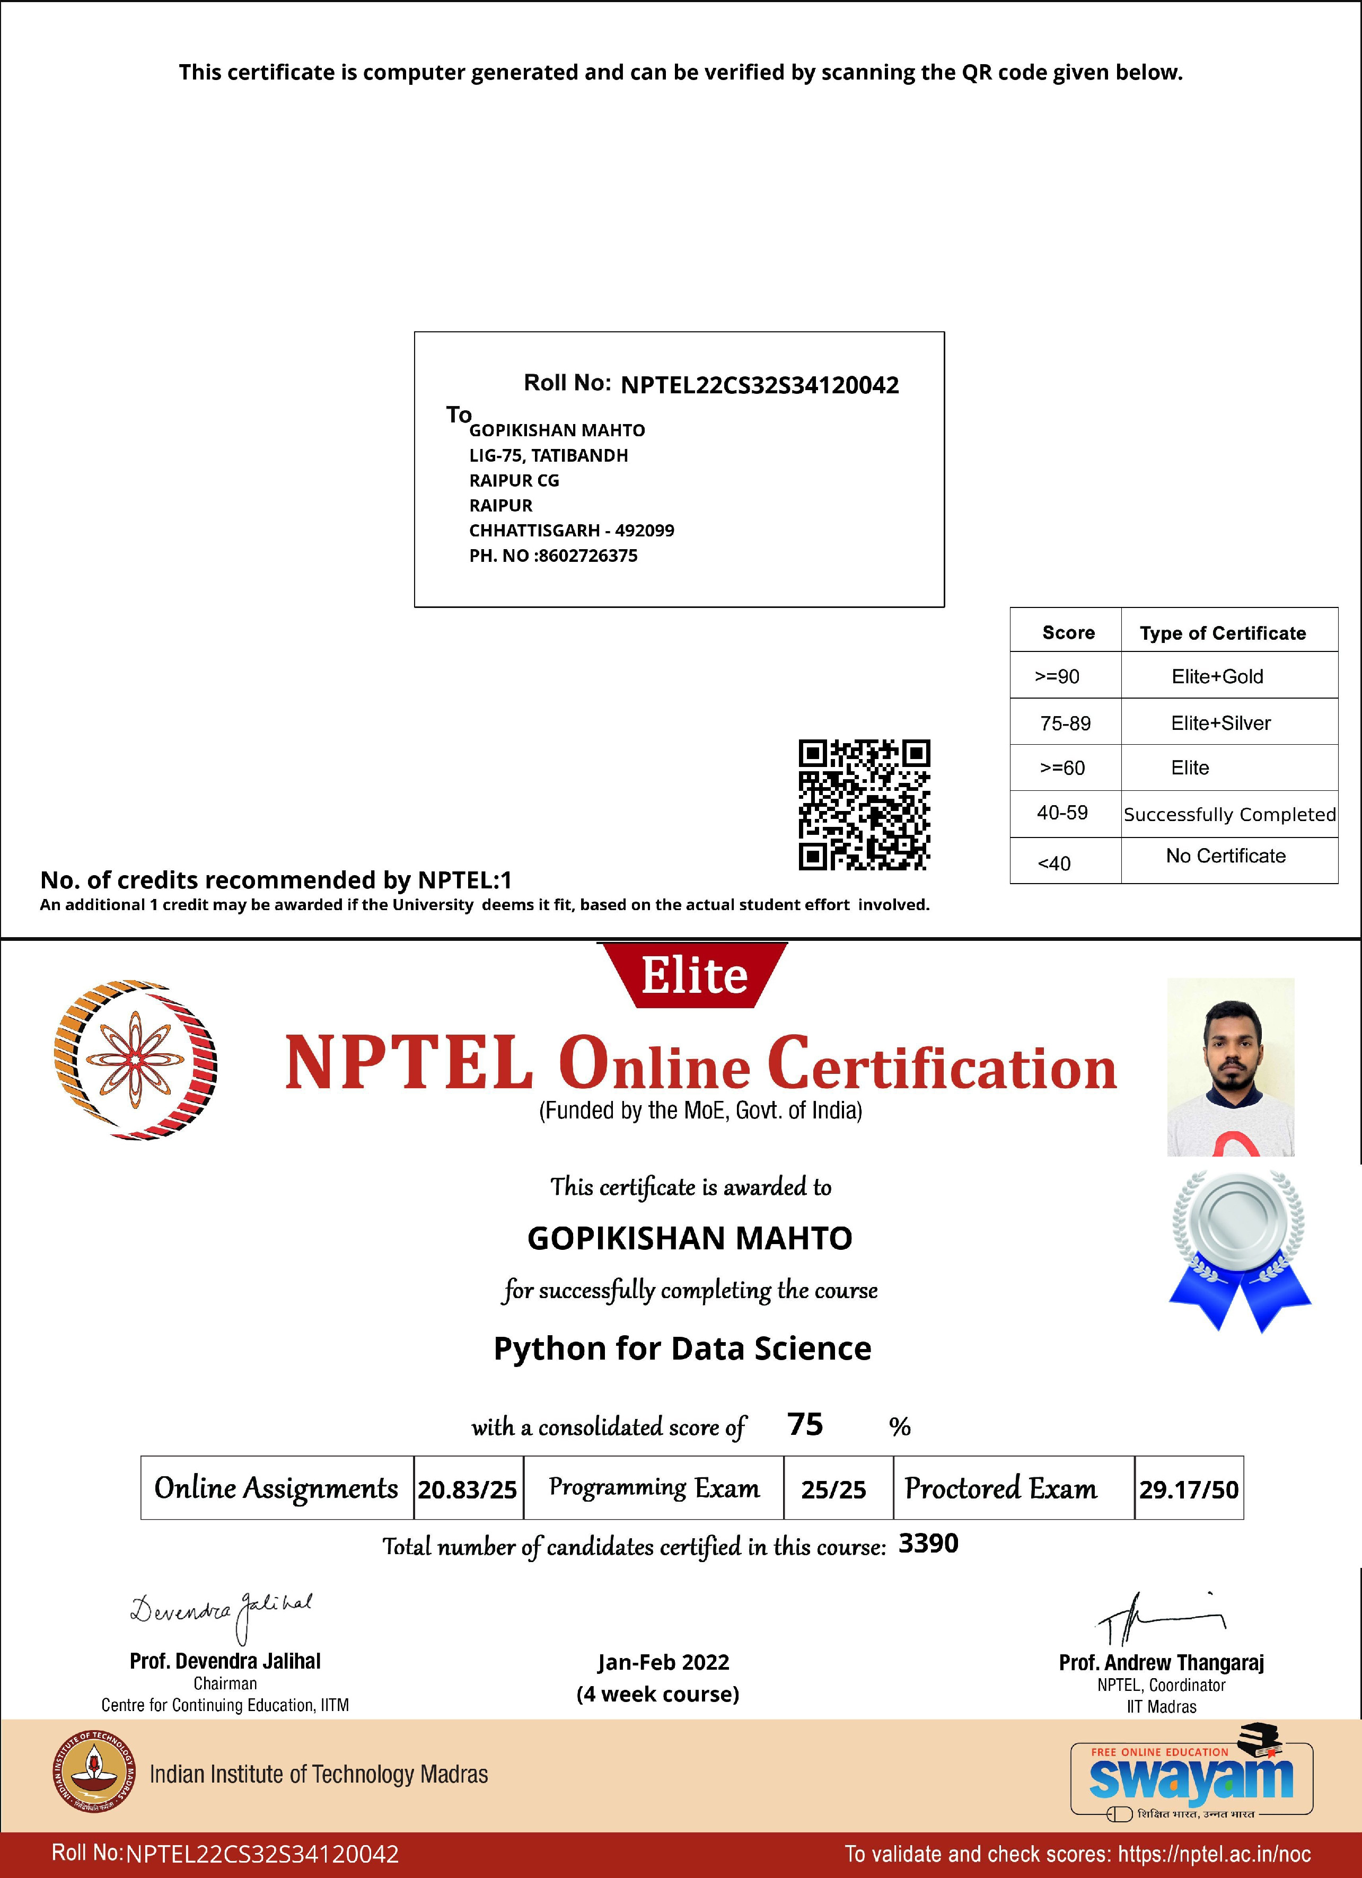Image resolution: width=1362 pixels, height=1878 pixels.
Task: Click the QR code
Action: (864, 805)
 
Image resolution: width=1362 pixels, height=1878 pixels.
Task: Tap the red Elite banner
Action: (694, 975)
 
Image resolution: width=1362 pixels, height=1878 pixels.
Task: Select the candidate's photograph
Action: (1231, 1066)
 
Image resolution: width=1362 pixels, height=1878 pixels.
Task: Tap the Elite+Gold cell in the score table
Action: (1217, 676)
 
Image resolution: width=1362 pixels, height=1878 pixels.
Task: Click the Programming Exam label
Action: (653, 1488)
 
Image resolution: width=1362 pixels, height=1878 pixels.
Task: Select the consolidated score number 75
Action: (805, 1424)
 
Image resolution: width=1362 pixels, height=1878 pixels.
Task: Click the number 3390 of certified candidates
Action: (928, 1544)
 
